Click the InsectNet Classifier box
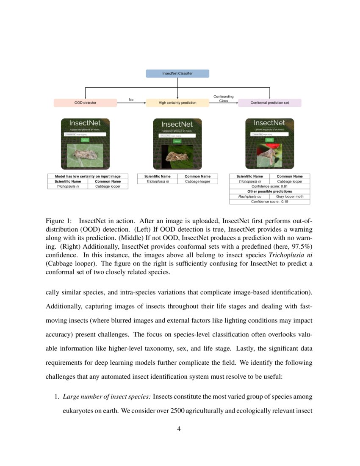tap(177, 74)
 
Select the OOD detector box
tap(85, 103)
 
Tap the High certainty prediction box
tap(177, 103)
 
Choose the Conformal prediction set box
tap(270, 103)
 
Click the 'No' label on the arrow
tap(131, 100)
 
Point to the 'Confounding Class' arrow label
tap(223, 99)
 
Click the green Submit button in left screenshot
tap(85, 139)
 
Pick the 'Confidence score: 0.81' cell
tap(269, 186)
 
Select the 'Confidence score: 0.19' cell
tap(269, 202)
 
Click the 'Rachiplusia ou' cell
tap(249, 197)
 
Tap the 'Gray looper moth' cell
tap(290, 197)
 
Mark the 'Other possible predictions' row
tap(269, 191)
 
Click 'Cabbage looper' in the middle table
tap(197, 181)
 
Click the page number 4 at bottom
tap(179, 429)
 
